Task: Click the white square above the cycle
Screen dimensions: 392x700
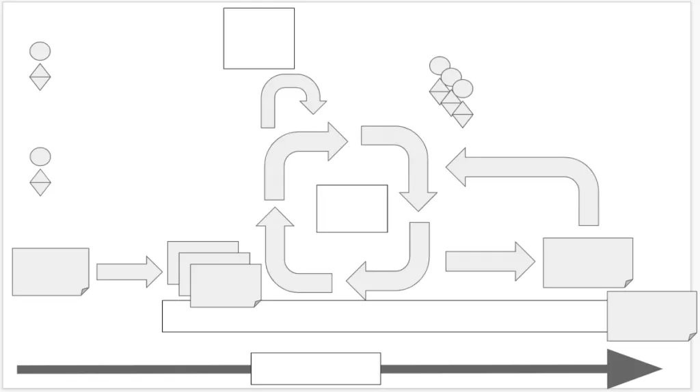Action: [x=258, y=38]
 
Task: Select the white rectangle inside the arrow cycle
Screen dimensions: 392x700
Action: [x=351, y=208]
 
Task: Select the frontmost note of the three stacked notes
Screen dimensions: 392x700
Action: [x=225, y=285]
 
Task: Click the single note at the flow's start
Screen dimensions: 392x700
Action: [x=50, y=271]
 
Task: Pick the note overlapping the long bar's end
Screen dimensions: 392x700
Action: [x=651, y=316]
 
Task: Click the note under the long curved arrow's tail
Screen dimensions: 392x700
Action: [x=587, y=262]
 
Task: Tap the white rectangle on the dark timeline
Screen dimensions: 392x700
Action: [x=315, y=369]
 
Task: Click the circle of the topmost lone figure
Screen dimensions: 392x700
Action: [x=40, y=51]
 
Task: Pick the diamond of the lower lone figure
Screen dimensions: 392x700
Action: [x=40, y=182]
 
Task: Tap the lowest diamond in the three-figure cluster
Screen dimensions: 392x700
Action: [x=463, y=114]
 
